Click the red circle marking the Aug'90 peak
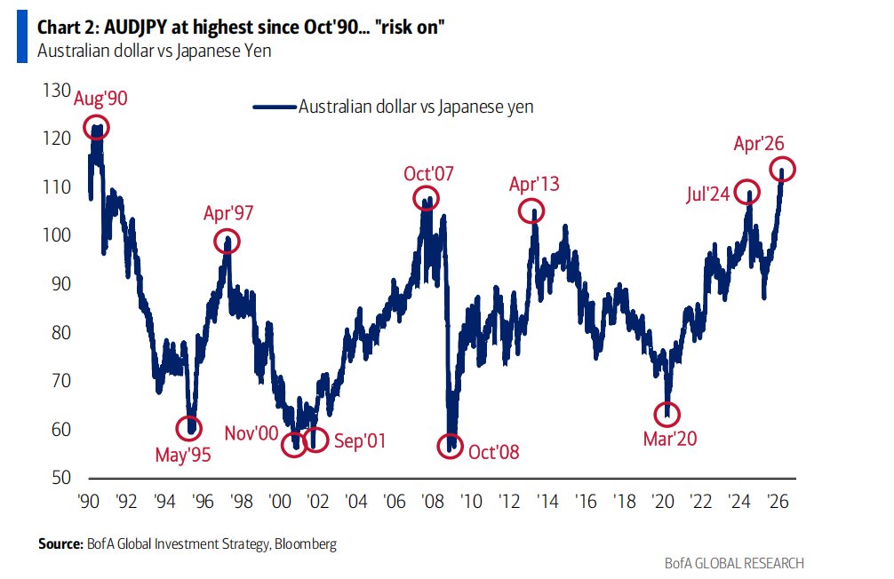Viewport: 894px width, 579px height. tap(97, 127)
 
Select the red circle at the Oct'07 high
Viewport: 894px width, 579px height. tap(427, 198)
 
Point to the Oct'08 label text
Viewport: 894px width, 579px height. tap(494, 451)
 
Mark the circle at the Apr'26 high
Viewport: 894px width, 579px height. tap(783, 169)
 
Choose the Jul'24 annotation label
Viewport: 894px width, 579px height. tap(708, 195)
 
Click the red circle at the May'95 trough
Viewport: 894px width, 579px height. tap(188, 427)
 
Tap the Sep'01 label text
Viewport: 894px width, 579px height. tap(360, 440)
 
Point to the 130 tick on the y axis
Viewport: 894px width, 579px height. tap(56, 90)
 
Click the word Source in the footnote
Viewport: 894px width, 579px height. tap(59, 543)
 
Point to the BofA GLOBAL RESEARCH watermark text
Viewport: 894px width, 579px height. tap(734, 563)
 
